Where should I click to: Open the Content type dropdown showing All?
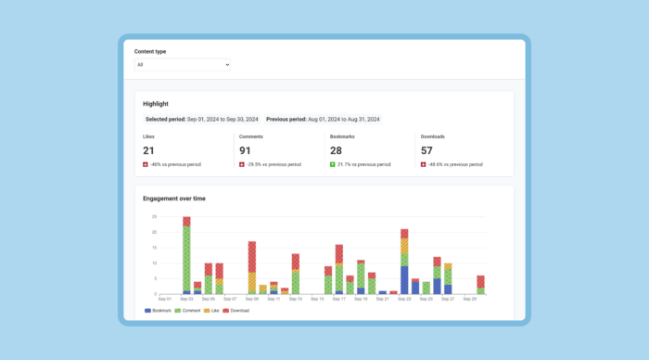point(182,65)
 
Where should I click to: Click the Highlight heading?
point(156,104)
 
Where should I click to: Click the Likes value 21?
point(148,150)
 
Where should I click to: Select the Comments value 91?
point(246,150)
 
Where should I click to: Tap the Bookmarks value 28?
point(337,150)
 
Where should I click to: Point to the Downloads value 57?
point(427,150)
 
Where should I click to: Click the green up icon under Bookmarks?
point(332,164)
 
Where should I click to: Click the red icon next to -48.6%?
point(423,164)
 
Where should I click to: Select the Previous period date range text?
point(323,120)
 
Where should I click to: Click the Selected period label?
point(165,120)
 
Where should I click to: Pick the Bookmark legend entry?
point(159,311)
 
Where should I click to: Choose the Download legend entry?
point(236,311)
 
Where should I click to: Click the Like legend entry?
point(211,311)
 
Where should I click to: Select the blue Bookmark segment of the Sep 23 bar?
point(404,280)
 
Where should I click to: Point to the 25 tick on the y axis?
point(153,217)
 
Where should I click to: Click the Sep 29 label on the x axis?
point(469,300)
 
